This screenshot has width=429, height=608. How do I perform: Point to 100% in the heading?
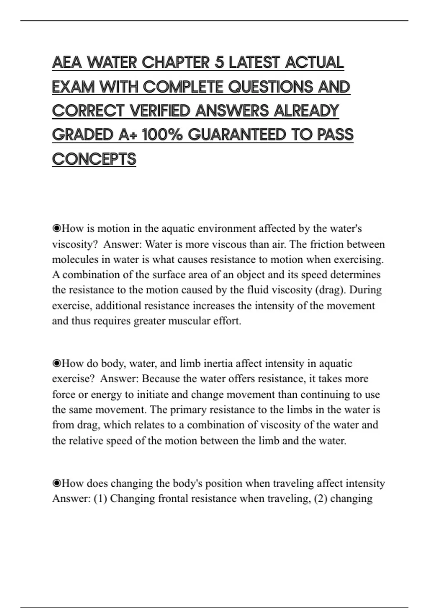[x=162, y=135]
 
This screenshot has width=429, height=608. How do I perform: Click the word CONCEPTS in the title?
[x=94, y=159]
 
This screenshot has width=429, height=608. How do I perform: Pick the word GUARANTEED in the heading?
[x=237, y=135]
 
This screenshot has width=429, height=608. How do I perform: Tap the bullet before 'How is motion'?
[x=56, y=229]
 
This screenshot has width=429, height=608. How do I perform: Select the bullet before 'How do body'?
[x=56, y=364]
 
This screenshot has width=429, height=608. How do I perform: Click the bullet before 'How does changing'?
[x=56, y=484]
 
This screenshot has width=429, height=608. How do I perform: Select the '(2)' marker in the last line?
[x=320, y=499]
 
